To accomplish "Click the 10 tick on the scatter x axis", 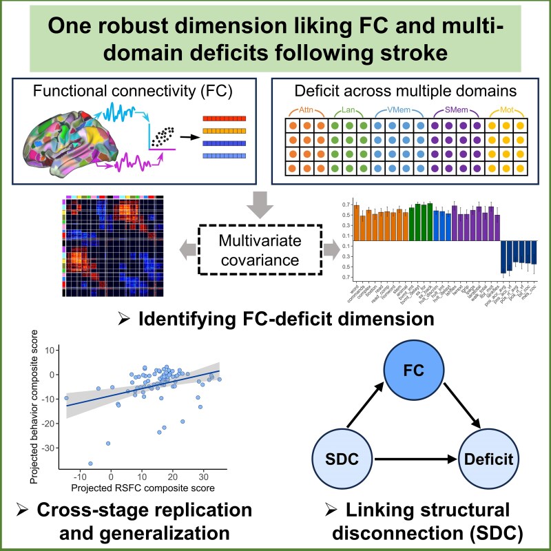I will pyautogui.click(x=141, y=476).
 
